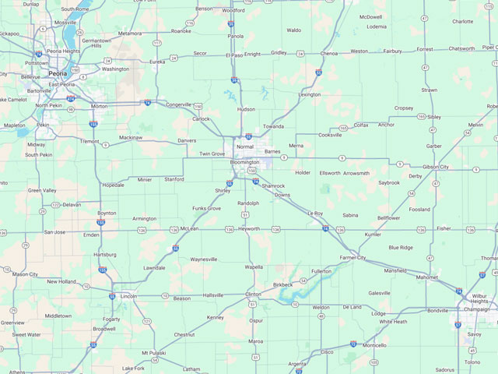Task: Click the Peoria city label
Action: pyautogui.click(x=57, y=72)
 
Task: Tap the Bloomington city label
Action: pyautogui.click(x=244, y=162)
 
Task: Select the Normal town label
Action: pyautogui.click(x=244, y=146)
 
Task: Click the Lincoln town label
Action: pyautogui.click(x=128, y=296)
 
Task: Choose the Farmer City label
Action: pyautogui.click(x=352, y=257)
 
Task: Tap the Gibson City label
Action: pyautogui.click(x=436, y=167)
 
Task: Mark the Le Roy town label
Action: pyautogui.click(x=314, y=213)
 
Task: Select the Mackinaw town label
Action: pyautogui.click(x=131, y=138)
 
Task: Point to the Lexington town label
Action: pyautogui.click(x=309, y=94)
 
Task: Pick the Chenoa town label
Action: pyautogui.click(x=329, y=53)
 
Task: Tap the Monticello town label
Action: pyautogui.click(x=374, y=345)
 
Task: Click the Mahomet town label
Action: pyautogui.click(x=426, y=277)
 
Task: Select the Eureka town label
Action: pyautogui.click(x=157, y=61)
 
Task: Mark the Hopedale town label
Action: pyautogui.click(x=114, y=185)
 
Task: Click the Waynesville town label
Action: pyautogui.click(x=204, y=259)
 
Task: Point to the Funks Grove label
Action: pyautogui.click(x=206, y=209)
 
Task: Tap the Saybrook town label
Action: pyautogui.click(x=389, y=182)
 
